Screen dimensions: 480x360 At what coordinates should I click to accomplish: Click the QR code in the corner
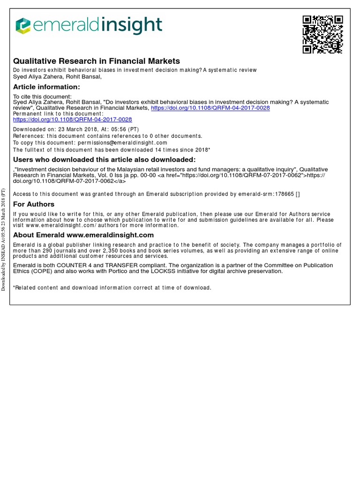click(x=322, y=34)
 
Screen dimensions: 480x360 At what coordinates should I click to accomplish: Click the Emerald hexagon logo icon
click(x=23, y=26)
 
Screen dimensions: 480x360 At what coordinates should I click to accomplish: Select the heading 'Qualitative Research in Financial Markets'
click(x=96, y=61)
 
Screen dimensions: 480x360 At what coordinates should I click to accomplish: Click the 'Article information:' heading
click(x=46, y=87)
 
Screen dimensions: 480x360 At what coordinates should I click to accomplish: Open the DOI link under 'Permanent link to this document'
click(x=72, y=120)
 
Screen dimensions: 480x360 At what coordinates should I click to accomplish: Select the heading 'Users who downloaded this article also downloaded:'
click(x=104, y=160)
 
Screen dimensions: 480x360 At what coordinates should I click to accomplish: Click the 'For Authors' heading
click(x=34, y=204)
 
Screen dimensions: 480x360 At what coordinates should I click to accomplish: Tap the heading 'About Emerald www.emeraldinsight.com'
click(x=83, y=235)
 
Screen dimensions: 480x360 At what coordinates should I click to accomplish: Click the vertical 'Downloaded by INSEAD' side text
click(x=4, y=240)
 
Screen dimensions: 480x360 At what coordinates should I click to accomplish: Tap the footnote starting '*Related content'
click(x=112, y=288)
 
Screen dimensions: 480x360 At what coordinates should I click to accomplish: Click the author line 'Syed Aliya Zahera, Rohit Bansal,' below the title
click(x=57, y=76)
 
